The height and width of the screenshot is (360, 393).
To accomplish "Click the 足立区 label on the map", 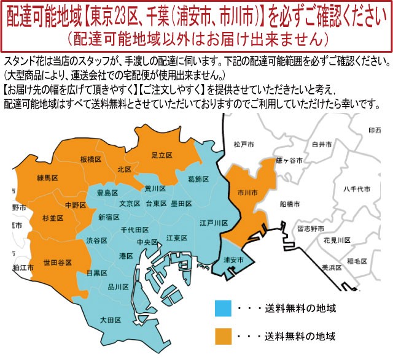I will (161, 155).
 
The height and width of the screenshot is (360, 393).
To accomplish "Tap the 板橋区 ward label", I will (91, 159).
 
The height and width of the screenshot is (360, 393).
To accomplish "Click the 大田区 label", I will (110, 320).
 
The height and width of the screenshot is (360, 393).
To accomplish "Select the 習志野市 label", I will (310, 228).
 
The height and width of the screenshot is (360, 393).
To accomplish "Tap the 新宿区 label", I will (108, 216).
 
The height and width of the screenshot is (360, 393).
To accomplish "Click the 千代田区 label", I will (134, 229).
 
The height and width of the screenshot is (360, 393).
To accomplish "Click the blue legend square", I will (224, 307).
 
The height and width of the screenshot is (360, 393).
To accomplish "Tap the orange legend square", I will (224, 335).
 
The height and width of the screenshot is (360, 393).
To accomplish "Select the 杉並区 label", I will (53, 218).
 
